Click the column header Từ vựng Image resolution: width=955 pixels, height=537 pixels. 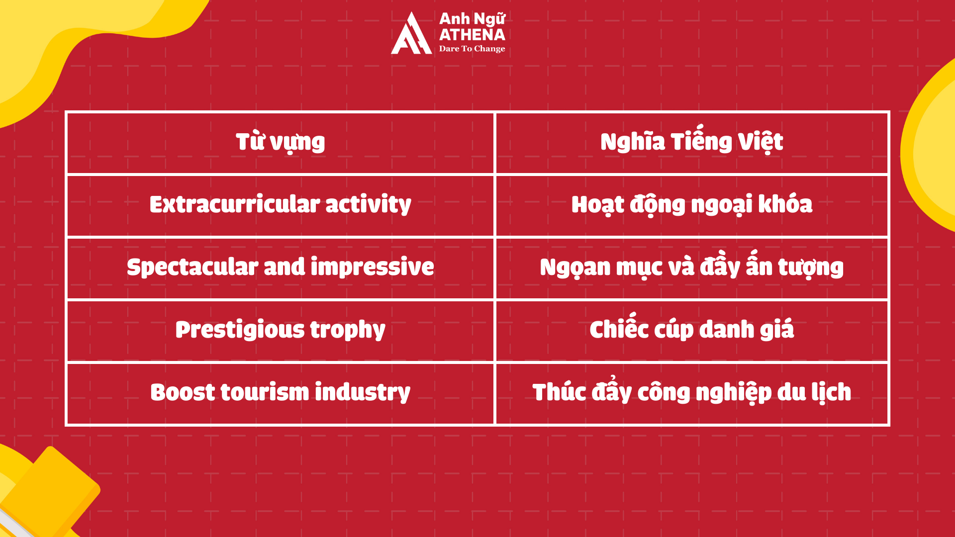[280, 143]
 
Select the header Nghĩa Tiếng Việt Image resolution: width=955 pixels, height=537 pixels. [691, 143]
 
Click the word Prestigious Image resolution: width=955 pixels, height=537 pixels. [240, 330]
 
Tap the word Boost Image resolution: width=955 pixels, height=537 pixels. [183, 393]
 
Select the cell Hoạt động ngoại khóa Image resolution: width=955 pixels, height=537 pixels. [691, 205]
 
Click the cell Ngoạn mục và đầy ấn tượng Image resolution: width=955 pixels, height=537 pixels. [691, 268]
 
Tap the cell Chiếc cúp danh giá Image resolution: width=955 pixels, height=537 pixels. [691, 330]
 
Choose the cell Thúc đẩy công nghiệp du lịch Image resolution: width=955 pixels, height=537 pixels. [691, 393]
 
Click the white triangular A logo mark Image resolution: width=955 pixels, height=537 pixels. [411, 35]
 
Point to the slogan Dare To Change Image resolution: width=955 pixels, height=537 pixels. [472, 49]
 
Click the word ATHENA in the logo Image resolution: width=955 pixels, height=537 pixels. [472, 35]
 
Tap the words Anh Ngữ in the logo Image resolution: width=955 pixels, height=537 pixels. [472, 19]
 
